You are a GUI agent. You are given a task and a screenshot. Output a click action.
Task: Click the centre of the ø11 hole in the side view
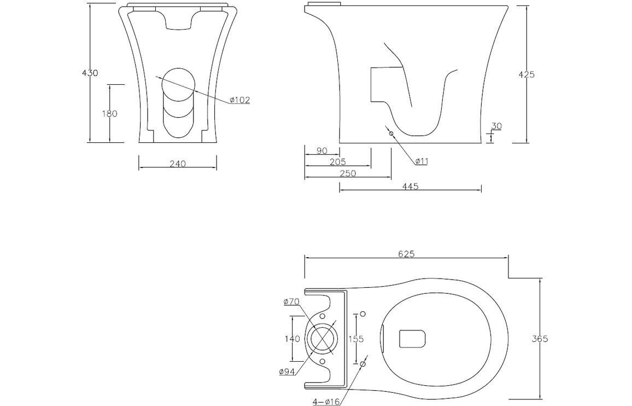coord(390,133)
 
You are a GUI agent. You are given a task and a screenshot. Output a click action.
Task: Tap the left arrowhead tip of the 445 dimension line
coord(340,188)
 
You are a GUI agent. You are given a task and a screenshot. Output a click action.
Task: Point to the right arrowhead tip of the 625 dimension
coord(508,257)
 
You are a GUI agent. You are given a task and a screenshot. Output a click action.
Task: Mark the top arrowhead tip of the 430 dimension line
coord(90,5)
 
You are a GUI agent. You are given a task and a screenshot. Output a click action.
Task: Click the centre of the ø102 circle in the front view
coord(178,84)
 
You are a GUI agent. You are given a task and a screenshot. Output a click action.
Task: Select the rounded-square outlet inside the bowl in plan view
coord(413,339)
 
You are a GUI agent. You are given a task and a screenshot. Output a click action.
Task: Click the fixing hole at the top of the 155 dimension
coord(362,314)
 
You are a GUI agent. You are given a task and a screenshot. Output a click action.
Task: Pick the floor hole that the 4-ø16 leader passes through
coord(362,364)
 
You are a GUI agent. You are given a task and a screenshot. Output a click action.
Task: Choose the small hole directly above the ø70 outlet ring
coord(322,315)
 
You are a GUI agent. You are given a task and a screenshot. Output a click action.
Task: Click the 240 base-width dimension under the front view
coord(177,164)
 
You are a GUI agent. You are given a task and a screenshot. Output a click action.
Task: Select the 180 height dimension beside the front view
coord(110,114)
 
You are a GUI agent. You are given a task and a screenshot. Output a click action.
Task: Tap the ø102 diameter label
coord(240,100)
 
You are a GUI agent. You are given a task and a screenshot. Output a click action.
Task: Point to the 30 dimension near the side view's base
coord(496,126)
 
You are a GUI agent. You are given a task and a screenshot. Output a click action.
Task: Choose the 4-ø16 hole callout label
coord(326,402)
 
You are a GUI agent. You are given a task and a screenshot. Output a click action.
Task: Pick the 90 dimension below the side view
coord(321,150)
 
